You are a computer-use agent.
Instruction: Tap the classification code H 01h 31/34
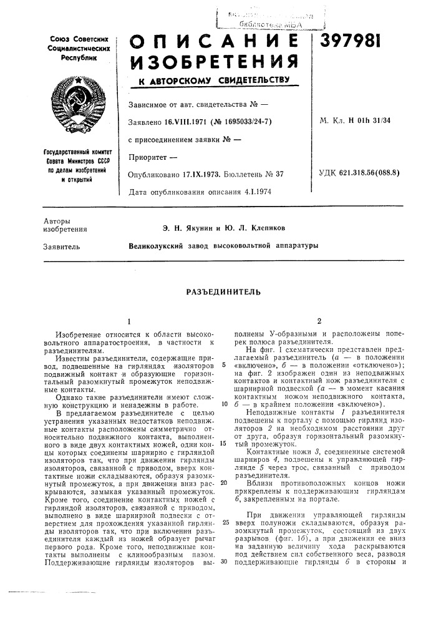coord(377,122)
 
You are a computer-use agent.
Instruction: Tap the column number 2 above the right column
coord(319,321)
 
